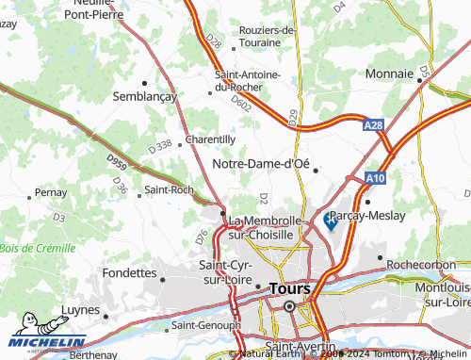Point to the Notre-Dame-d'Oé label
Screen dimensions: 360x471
coord(262,164)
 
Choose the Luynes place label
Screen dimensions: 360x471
coord(80,309)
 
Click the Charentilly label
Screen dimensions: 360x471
coord(210,139)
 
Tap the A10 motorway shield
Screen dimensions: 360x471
coord(377,175)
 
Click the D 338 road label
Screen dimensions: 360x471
coord(161,145)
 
